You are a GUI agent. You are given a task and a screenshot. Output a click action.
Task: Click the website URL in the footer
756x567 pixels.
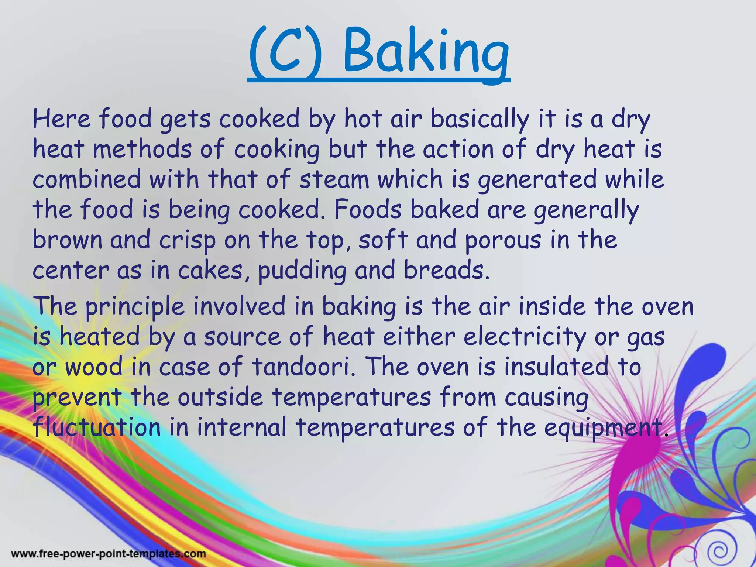(x=109, y=554)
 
